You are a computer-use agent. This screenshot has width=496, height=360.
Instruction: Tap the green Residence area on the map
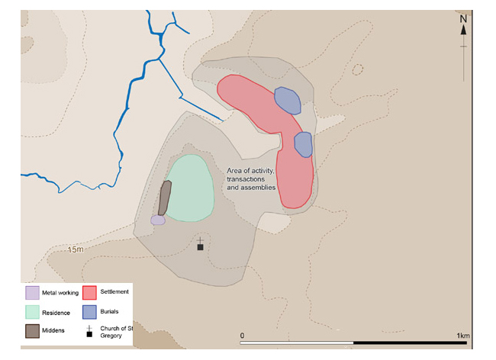(188, 188)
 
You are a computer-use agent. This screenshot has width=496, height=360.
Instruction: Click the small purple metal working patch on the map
(158, 220)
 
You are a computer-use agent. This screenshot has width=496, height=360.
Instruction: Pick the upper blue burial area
(286, 100)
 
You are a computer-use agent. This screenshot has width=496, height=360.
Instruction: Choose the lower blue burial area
(303, 143)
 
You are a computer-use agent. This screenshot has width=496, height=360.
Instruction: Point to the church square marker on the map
(200, 247)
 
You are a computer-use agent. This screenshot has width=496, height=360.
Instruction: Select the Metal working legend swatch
(32, 293)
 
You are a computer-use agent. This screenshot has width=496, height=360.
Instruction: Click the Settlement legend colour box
(89, 293)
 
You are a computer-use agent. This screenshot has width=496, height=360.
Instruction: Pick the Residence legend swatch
(32, 312)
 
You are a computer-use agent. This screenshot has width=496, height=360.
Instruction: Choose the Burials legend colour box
(89, 312)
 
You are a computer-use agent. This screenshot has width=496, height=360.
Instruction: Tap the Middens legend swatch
(32, 331)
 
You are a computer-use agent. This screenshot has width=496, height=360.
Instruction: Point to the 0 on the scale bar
(242, 336)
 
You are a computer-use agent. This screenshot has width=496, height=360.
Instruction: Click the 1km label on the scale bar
(462, 336)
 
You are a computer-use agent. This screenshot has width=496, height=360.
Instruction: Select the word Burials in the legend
(112, 311)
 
